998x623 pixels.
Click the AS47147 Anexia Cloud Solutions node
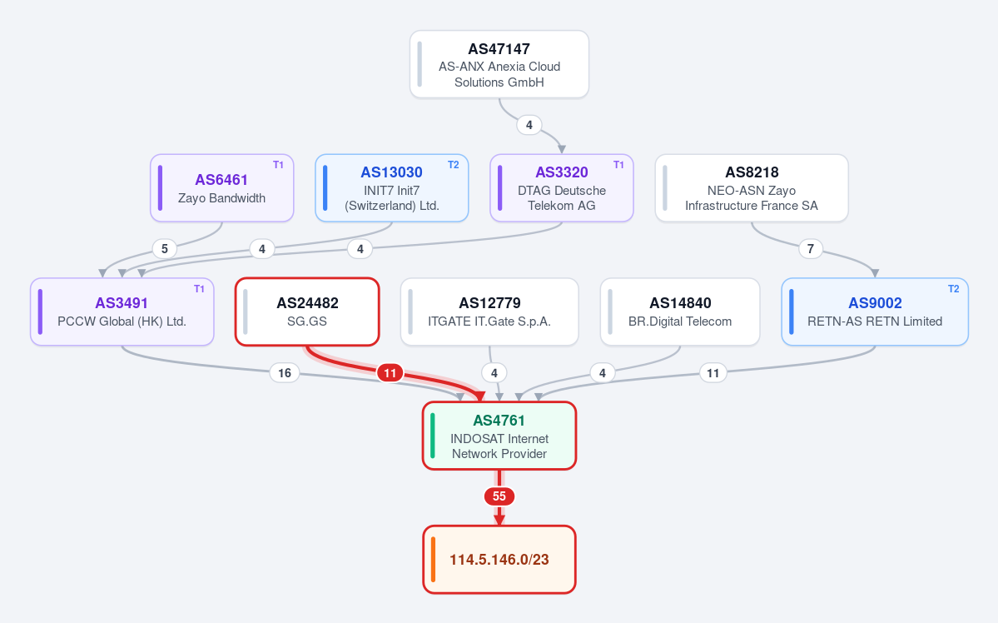pos(499,64)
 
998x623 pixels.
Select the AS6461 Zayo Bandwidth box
pos(221,188)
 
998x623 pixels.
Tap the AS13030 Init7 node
pos(391,188)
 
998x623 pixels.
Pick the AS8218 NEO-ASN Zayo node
pos(752,188)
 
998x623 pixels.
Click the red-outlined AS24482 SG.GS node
pos(307,311)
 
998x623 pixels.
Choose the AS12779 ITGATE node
pos(489,311)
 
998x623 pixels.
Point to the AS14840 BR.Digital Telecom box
pos(680,311)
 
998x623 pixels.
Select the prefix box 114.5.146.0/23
pos(499,560)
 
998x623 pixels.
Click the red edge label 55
pos(499,496)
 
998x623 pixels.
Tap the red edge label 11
pos(390,372)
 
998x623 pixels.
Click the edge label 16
pos(285,372)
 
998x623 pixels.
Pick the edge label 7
pos(810,248)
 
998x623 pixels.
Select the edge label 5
pos(164,248)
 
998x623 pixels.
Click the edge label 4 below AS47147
pos(529,125)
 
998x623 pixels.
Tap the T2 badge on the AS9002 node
pos(953,288)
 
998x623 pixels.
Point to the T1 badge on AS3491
pos(199,288)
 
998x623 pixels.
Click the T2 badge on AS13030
pos(453,165)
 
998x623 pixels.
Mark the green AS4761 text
pos(499,421)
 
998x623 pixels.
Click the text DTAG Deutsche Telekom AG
pos(561,198)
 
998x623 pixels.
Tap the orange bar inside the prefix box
pos(433,560)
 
